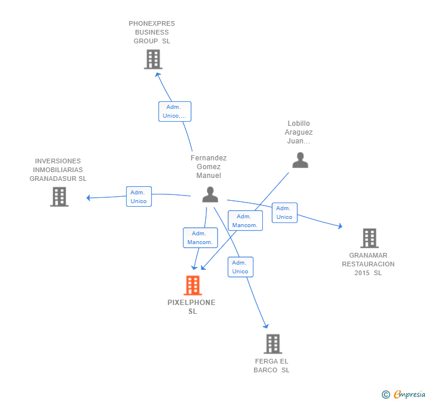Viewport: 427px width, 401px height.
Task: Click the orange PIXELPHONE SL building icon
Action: [192, 286]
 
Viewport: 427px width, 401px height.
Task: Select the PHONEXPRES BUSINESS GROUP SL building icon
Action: [152, 59]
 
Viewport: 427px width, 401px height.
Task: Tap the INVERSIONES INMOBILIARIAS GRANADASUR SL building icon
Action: [59, 197]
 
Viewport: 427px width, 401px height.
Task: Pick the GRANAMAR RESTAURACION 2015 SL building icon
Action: [369, 238]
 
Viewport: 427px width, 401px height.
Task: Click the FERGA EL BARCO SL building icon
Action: [272, 344]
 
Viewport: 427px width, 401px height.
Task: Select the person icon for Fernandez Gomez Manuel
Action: [210, 195]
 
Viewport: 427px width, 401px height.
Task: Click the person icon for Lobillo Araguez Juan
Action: [300, 160]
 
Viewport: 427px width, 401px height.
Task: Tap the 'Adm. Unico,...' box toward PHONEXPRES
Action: [175, 111]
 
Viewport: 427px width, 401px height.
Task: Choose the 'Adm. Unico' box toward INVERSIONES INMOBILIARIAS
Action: [139, 197]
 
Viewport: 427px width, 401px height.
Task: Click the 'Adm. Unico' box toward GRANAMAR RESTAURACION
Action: [284, 213]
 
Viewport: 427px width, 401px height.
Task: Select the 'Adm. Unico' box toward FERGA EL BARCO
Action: [240, 267]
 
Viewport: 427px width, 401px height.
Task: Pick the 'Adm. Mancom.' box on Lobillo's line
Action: [245, 221]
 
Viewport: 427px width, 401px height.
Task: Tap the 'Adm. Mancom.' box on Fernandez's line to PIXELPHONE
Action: [201, 238]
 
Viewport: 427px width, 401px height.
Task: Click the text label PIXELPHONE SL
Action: [192, 307]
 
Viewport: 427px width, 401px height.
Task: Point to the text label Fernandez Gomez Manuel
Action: [209, 166]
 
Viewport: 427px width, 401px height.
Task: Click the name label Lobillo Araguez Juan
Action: [299, 132]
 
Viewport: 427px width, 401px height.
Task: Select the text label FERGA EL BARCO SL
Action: [272, 365]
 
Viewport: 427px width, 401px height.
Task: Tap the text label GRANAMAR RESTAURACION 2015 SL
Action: [368, 264]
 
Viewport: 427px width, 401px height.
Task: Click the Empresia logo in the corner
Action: [405, 395]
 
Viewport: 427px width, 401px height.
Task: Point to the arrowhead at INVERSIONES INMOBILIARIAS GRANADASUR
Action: [89, 198]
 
